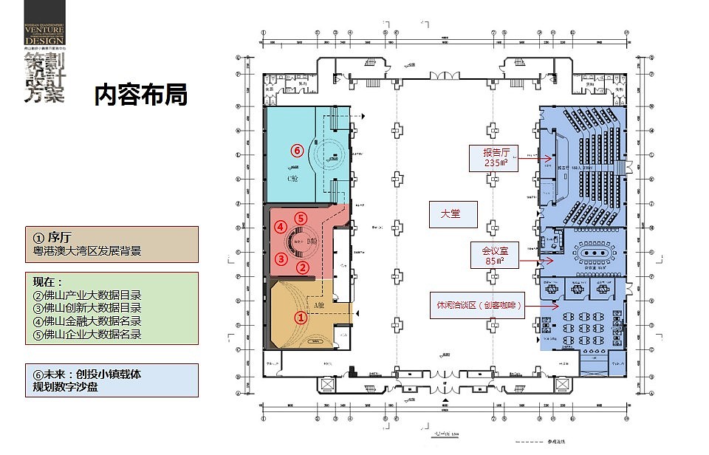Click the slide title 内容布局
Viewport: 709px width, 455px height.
pyautogui.click(x=140, y=96)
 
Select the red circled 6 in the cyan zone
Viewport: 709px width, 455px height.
pyautogui.click(x=297, y=151)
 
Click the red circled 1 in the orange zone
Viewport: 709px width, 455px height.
pyautogui.click(x=301, y=318)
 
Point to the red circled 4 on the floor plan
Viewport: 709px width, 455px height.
pyautogui.click(x=281, y=227)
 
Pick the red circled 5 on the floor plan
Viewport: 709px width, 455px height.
pyautogui.click(x=300, y=218)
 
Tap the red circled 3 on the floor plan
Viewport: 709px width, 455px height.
pyautogui.click(x=281, y=259)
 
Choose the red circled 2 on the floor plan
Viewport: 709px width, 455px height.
pyautogui.click(x=303, y=267)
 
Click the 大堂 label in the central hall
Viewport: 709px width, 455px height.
pyautogui.click(x=450, y=213)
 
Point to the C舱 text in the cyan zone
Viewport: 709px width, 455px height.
pyautogui.click(x=293, y=179)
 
